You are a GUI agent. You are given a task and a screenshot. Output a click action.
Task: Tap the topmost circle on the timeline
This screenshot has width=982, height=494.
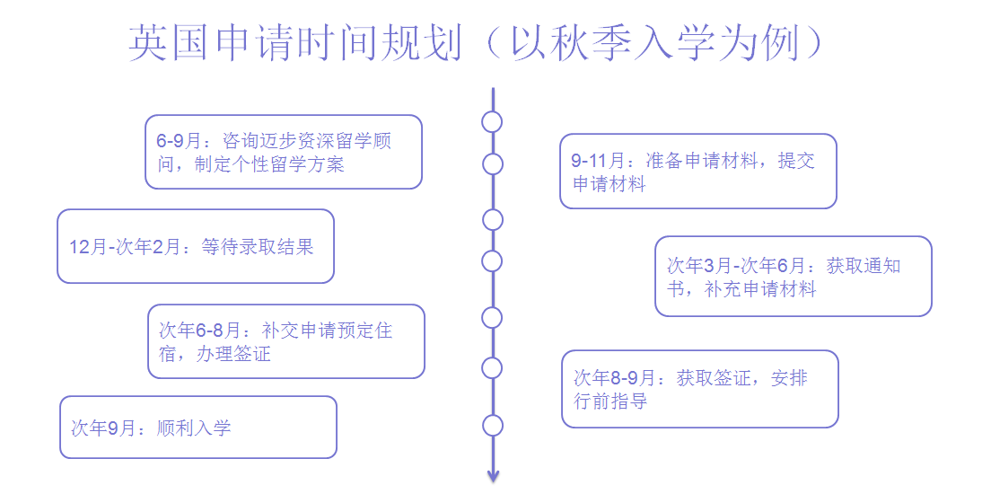(492, 122)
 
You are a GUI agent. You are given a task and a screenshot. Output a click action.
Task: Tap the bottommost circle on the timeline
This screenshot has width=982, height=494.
(492, 426)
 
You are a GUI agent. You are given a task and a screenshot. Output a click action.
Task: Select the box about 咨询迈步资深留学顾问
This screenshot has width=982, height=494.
(284, 152)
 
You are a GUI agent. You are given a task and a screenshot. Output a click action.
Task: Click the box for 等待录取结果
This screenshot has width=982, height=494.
(196, 246)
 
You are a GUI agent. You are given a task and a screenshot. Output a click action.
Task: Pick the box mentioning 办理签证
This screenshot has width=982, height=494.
(286, 341)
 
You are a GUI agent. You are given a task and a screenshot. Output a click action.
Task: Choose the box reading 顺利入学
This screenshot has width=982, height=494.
(198, 428)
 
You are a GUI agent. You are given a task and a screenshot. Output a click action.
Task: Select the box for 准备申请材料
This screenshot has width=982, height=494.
(698, 172)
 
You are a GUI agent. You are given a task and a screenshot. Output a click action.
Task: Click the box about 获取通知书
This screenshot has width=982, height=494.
(793, 276)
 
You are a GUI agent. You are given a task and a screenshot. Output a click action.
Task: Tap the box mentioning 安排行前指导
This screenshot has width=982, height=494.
(700, 389)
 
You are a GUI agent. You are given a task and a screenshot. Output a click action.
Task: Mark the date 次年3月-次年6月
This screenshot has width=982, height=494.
(737, 266)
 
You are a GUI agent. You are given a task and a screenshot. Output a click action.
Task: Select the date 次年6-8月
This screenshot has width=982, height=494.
(206, 331)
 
